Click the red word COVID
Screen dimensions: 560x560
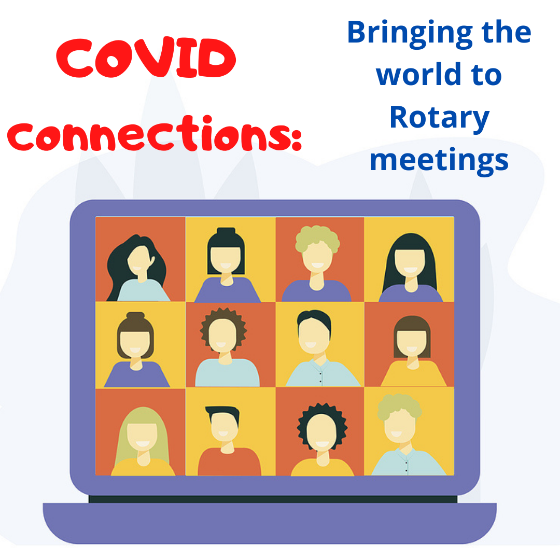click(x=146, y=58)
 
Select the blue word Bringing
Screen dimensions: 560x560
click(x=410, y=33)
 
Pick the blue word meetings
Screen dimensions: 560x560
click(x=439, y=161)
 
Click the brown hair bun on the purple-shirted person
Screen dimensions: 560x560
click(x=135, y=316)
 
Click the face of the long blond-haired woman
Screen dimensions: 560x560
click(x=143, y=437)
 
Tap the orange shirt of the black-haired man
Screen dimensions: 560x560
click(x=229, y=463)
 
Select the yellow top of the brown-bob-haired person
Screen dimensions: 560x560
click(x=414, y=375)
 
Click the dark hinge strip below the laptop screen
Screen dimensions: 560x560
click(x=273, y=499)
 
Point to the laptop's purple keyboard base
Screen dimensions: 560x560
click(x=270, y=522)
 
